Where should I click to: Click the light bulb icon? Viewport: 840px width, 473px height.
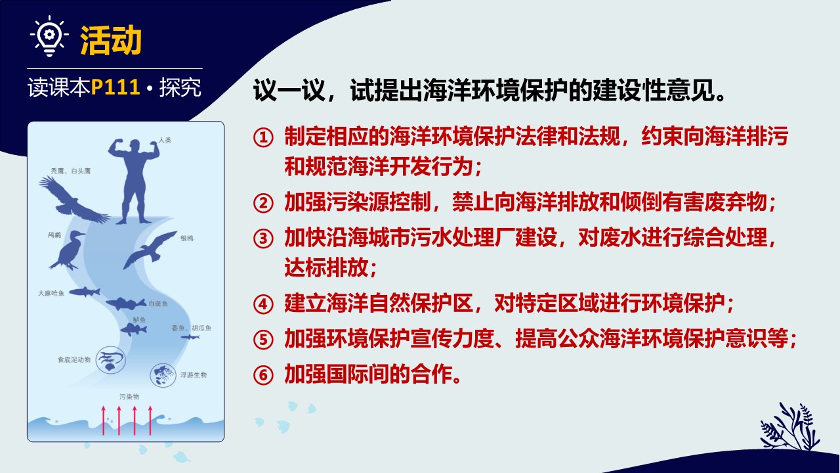click(49, 36)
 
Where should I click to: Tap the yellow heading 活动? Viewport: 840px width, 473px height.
click(111, 40)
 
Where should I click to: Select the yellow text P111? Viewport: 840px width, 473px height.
click(115, 87)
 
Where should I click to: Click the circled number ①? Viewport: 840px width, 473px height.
click(263, 137)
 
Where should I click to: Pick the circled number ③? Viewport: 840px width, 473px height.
click(263, 238)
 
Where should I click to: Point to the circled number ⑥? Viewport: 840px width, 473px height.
click(263, 375)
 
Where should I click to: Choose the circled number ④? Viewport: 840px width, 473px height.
click(263, 304)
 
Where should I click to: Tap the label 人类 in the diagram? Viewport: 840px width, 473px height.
click(165, 141)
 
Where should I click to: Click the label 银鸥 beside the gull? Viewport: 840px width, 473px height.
click(187, 238)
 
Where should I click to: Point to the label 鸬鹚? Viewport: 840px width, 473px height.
click(54, 235)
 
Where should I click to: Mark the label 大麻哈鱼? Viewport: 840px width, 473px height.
click(51, 293)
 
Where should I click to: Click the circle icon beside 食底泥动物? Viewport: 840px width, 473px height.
click(111, 360)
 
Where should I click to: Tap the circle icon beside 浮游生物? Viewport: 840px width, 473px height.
click(163, 374)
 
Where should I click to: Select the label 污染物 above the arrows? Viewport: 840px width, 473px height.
click(129, 397)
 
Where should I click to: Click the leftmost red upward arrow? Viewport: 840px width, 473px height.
click(104, 420)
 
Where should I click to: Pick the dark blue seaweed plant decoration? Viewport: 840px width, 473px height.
click(789, 426)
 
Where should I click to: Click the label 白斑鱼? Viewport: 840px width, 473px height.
click(158, 304)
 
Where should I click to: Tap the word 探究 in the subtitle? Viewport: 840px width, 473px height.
click(180, 87)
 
